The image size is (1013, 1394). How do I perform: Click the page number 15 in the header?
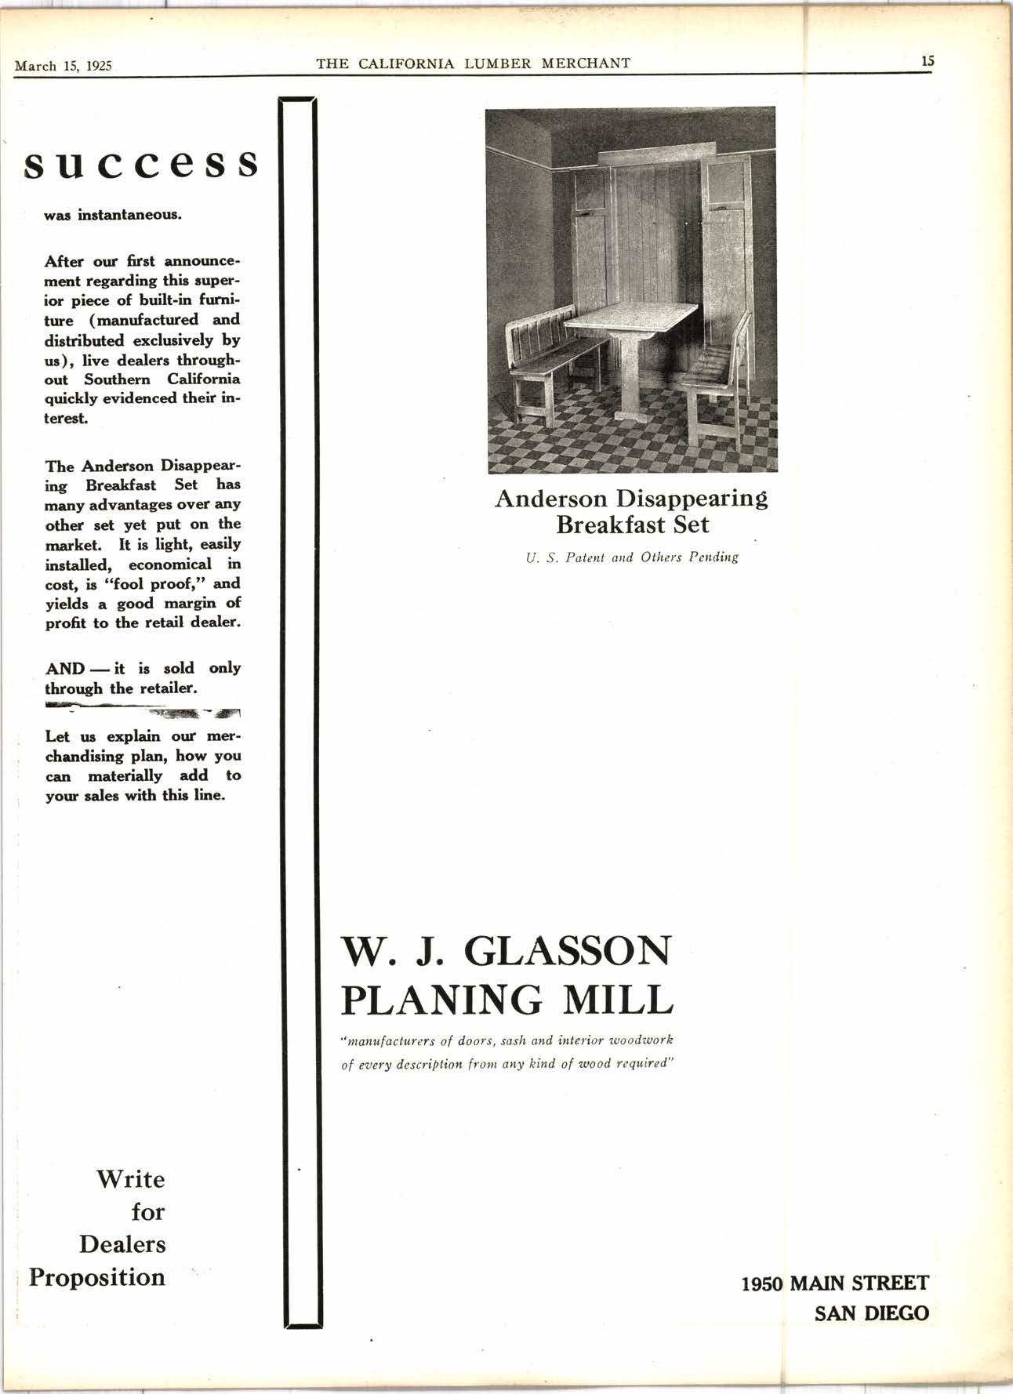click(x=928, y=60)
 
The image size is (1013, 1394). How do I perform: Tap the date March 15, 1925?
click(x=64, y=65)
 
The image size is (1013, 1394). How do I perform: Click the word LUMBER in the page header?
click(x=499, y=64)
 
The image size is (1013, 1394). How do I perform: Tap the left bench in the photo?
click(x=553, y=354)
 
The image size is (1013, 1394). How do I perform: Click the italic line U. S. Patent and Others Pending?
click(x=632, y=557)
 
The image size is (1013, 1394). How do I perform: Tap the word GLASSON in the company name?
click(x=569, y=952)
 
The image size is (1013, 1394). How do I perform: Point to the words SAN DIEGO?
click(x=871, y=1312)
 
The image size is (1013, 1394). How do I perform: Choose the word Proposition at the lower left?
click(x=97, y=1277)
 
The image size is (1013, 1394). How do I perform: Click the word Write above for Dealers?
click(x=130, y=1179)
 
